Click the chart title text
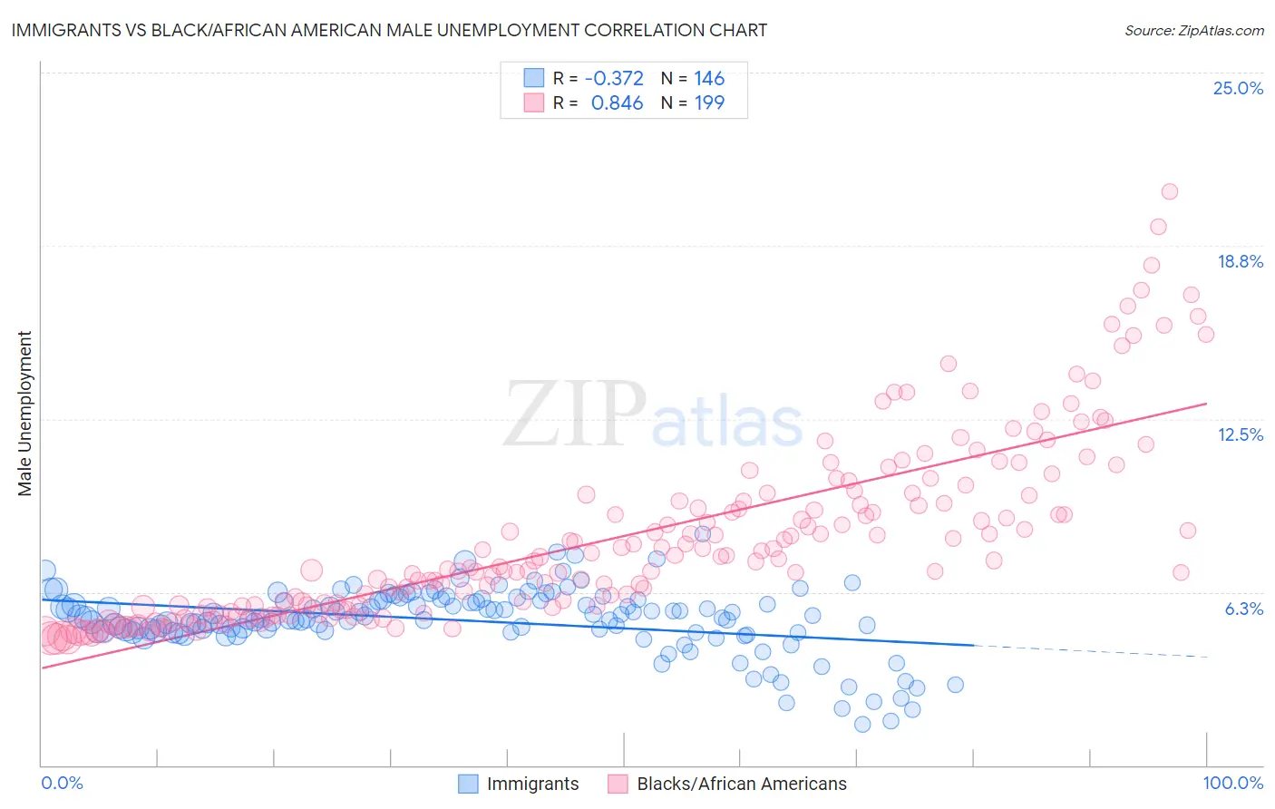click(x=389, y=30)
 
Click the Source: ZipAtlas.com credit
click(x=1193, y=30)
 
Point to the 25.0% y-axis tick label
click(x=1237, y=88)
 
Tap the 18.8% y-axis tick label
click(x=1239, y=261)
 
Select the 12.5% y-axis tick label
click(x=1239, y=434)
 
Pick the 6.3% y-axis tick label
click(x=1243, y=609)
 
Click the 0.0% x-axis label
click(x=62, y=783)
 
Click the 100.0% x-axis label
click(x=1232, y=783)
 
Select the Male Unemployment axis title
click(x=24, y=414)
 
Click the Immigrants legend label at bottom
click(x=532, y=784)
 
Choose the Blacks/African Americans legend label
click(x=741, y=784)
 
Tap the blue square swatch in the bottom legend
click(x=468, y=784)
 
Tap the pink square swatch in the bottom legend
click(x=618, y=784)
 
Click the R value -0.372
click(x=614, y=78)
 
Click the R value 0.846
click(x=617, y=102)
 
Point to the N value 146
click(x=709, y=78)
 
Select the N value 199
click(x=709, y=102)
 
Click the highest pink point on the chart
click(x=1169, y=191)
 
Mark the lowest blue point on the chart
click(x=862, y=724)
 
